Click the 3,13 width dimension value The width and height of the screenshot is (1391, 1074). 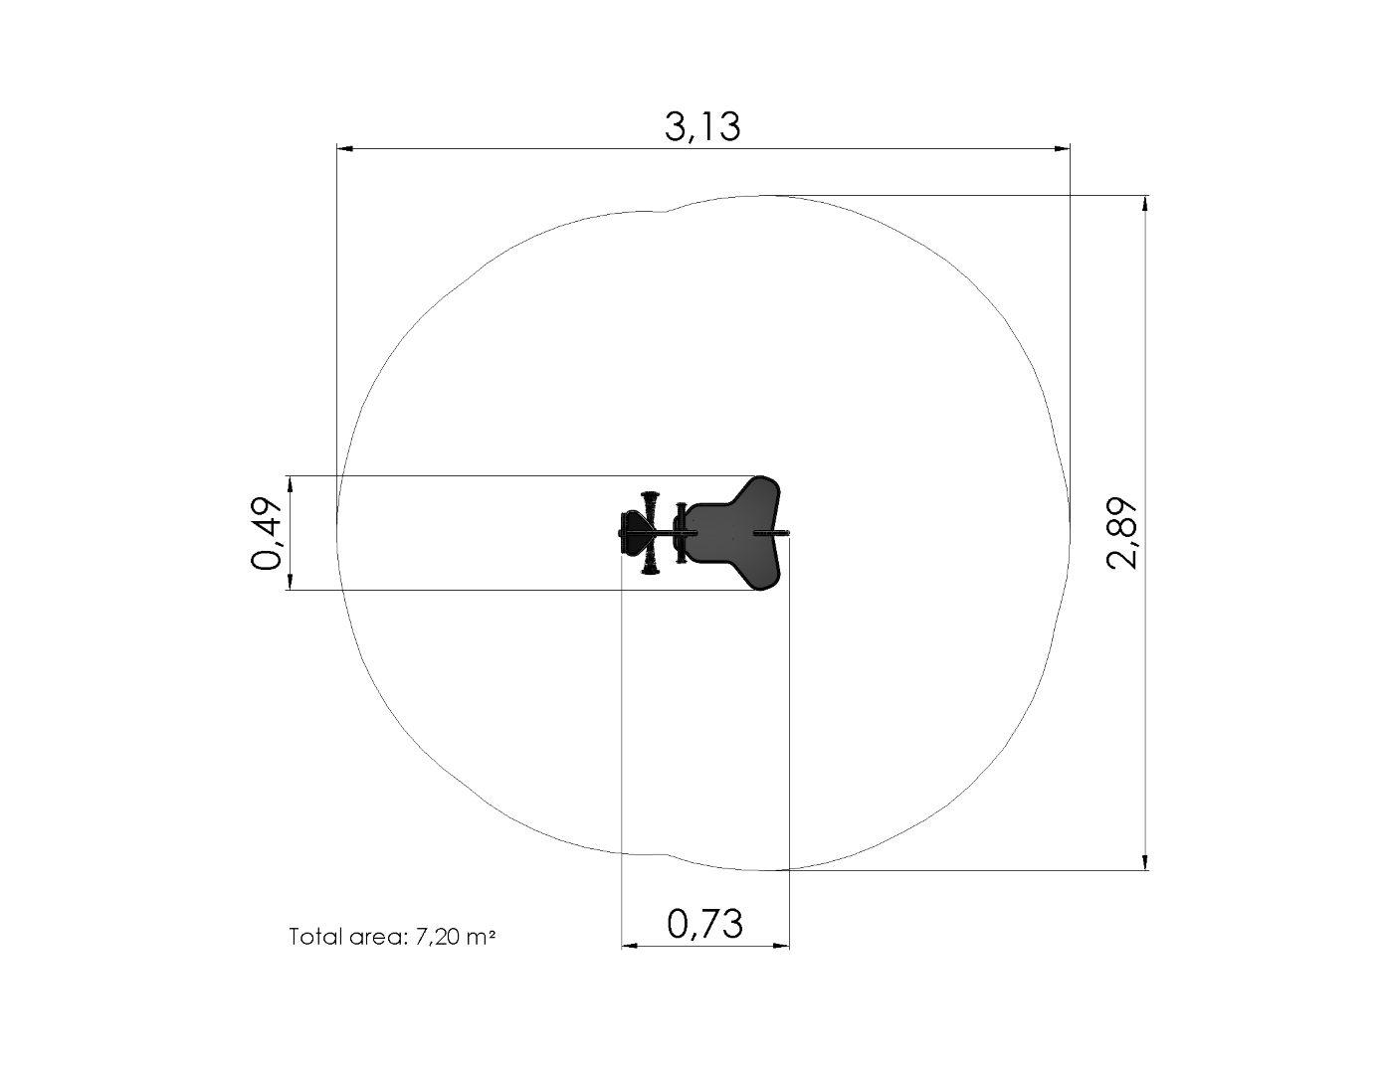click(x=702, y=126)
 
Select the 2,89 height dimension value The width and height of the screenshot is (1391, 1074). click(x=1121, y=533)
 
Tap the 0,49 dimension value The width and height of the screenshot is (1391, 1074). click(x=266, y=533)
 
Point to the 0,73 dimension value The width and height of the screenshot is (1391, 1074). click(x=704, y=924)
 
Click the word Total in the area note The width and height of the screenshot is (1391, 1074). click(x=315, y=937)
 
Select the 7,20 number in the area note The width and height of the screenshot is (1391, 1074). click(x=438, y=937)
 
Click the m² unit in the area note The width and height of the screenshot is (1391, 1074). click(x=482, y=937)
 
